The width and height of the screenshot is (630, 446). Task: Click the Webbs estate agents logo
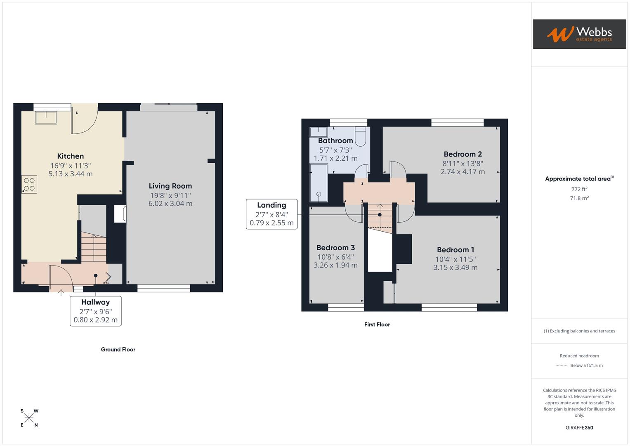579,34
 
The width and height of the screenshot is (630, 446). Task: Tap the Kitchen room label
71,156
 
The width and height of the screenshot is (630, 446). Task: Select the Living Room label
170,186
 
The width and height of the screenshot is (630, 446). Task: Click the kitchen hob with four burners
29,185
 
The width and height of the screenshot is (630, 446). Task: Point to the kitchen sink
46,117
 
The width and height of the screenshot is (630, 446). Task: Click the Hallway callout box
96,311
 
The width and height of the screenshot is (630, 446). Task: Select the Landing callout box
271,214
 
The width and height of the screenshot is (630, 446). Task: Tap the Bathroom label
335,141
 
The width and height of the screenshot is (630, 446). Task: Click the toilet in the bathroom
360,137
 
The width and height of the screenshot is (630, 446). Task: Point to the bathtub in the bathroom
319,183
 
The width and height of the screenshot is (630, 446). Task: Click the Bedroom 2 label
462,154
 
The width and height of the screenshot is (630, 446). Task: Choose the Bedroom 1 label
455,250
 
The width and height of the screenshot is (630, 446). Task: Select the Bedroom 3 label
335,248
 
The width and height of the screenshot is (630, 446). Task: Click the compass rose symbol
29,418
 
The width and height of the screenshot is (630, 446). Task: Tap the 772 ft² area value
579,189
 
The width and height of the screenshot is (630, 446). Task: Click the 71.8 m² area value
579,198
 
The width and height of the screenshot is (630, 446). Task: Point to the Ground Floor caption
118,349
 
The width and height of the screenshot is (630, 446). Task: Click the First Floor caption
377,325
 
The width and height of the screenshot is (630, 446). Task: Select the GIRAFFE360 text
579,427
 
